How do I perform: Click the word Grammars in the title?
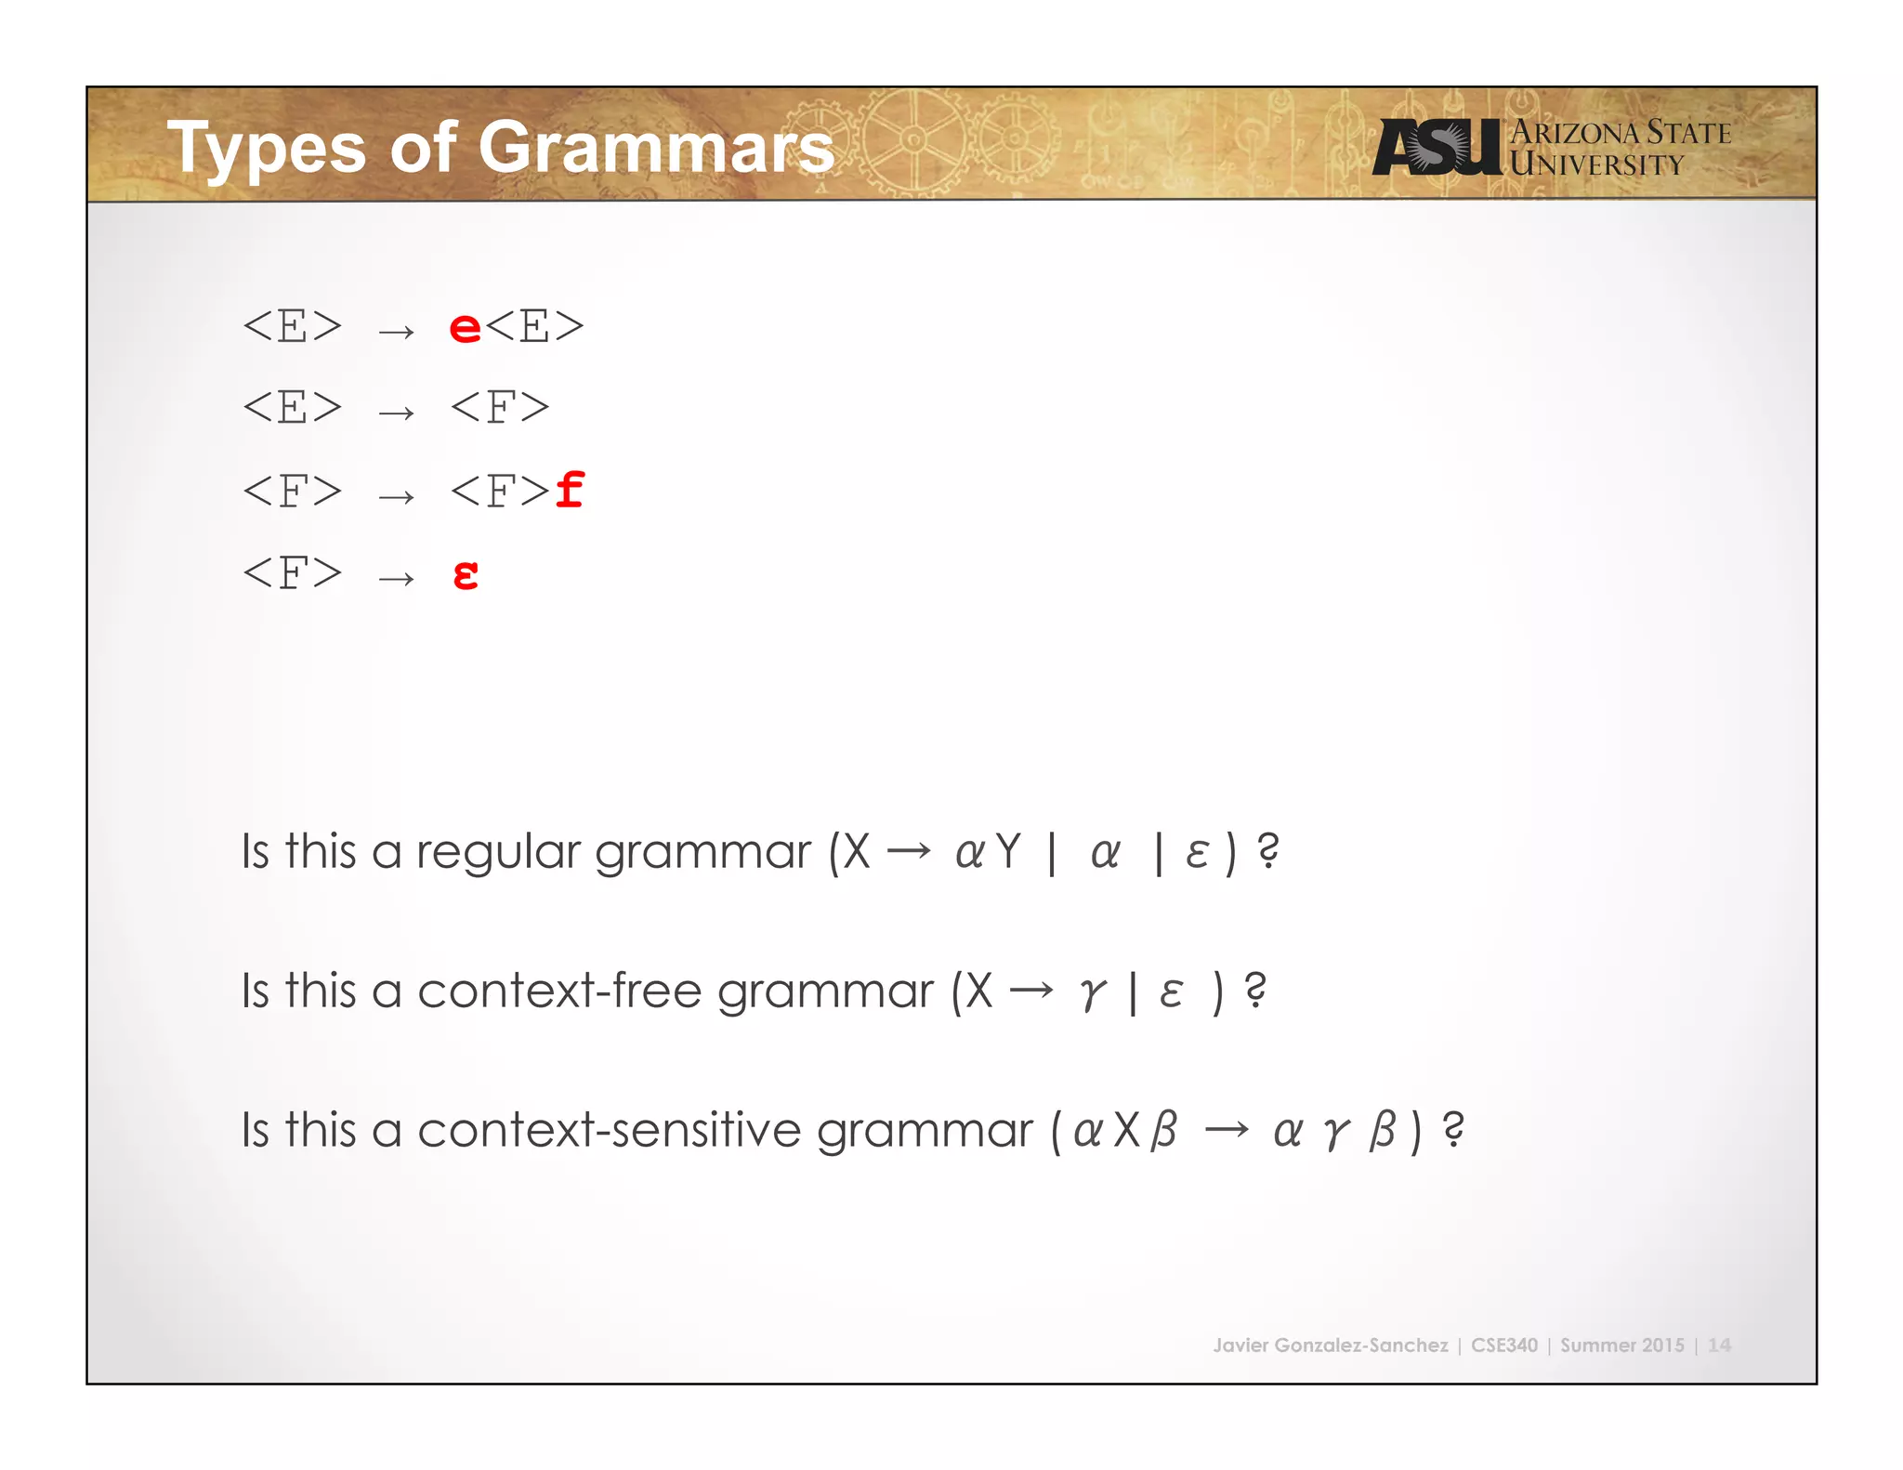[656, 147]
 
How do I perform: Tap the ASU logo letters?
[1436, 147]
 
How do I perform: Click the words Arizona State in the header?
[1621, 133]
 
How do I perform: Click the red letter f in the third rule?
[570, 490]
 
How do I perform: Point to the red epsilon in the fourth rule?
[466, 575]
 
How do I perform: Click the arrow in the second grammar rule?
[396, 411]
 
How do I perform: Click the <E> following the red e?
[534, 327]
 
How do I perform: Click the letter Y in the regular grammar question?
[1008, 851]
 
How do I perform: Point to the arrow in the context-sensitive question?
[1227, 1130]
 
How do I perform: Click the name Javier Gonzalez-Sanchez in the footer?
[1330, 1345]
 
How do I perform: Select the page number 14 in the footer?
[1719, 1345]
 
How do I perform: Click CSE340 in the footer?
[1503, 1345]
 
